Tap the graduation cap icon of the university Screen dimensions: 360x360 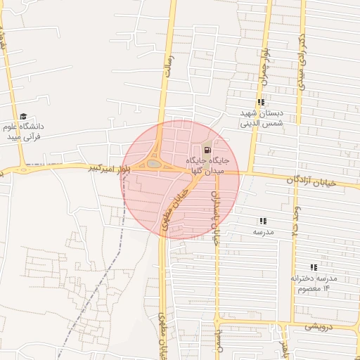[x=23, y=117]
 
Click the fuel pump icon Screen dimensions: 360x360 [x=207, y=150]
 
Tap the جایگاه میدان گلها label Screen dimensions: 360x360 [x=208, y=165]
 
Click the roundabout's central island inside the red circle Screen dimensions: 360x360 [x=154, y=164]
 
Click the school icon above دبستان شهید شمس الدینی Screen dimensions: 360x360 [x=261, y=103]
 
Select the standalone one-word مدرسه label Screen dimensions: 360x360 [x=263, y=231]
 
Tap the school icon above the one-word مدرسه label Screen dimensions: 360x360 [x=263, y=220]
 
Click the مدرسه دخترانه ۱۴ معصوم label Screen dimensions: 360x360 [x=314, y=283]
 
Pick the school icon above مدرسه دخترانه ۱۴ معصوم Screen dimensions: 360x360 [x=314, y=267]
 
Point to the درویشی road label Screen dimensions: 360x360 [x=321, y=327]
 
